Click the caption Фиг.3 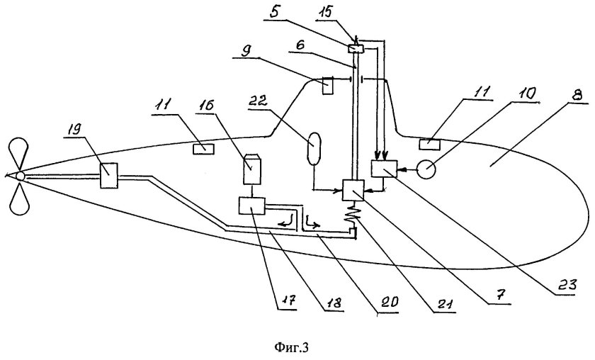click(291, 347)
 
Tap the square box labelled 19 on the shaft click(109, 175)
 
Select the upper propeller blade click(18, 154)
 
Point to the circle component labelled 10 click(426, 169)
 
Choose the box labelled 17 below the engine click(251, 206)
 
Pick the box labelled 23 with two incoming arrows click(384, 169)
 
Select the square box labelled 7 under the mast click(353, 190)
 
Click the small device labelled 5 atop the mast click(356, 49)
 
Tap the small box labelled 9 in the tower click(328, 86)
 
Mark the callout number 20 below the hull click(388, 302)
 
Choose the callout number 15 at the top click(326, 12)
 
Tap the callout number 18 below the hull click(333, 302)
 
